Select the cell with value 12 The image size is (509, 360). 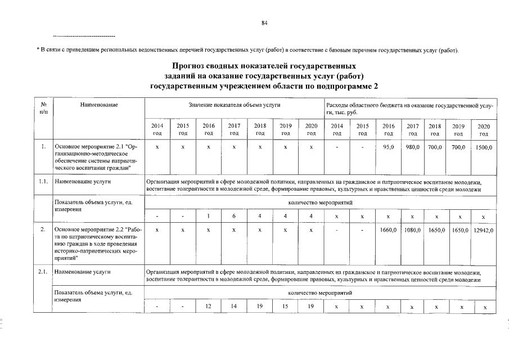[209, 307]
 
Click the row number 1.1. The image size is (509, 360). [44, 182]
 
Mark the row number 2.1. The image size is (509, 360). [44, 273]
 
